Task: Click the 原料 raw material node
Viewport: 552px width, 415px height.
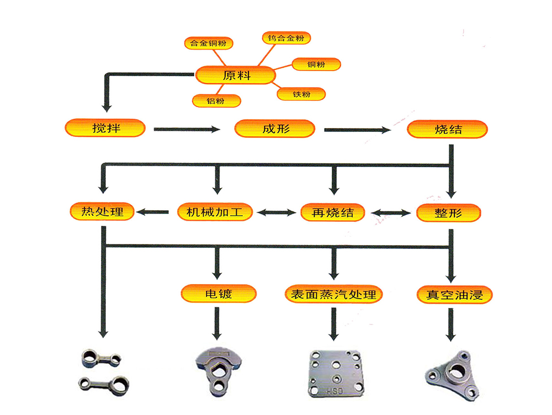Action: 236,76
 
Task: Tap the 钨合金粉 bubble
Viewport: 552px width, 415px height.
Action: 285,38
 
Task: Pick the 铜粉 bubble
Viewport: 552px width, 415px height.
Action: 316,65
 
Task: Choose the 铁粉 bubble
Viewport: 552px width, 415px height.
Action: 301,94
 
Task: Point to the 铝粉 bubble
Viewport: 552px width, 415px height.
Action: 216,101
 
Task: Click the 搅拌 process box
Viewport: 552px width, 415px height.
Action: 105,129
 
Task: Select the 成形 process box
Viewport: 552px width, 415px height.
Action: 275,129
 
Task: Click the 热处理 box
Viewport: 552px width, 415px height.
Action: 103,211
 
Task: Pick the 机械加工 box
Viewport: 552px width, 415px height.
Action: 215,212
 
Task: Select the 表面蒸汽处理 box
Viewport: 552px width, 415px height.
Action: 333,294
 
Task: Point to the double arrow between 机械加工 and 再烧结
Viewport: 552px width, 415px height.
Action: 276,212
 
